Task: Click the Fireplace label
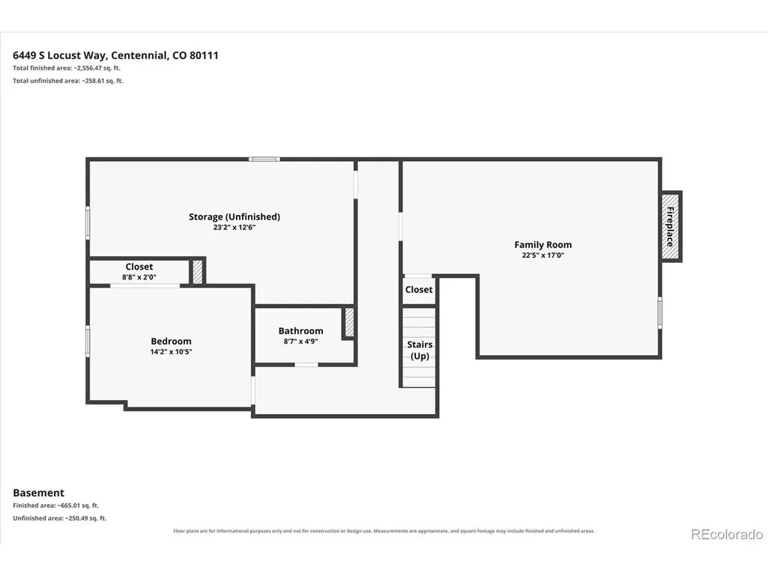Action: click(670, 226)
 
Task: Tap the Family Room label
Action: click(542, 244)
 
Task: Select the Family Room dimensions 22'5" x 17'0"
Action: click(542, 255)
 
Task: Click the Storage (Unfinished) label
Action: click(234, 217)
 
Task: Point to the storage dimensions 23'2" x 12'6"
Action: click(234, 227)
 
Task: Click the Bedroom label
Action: click(171, 341)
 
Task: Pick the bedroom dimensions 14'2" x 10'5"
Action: click(171, 352)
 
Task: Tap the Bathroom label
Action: click(300, 330)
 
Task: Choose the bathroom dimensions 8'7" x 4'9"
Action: click(300, 342)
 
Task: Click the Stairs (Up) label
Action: click(420, 351)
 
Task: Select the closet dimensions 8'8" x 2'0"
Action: click(139, 277)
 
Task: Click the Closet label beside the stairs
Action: click(419, 289)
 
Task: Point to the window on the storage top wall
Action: click(264, 160)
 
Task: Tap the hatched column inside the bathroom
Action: click(349, 322)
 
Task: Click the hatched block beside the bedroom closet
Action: click(197, 271)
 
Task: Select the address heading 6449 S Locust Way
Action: click(60, 55)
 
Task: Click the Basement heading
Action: click(39, 493)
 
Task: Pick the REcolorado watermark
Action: click(727, 534)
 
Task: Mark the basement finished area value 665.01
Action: click(67, 506)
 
